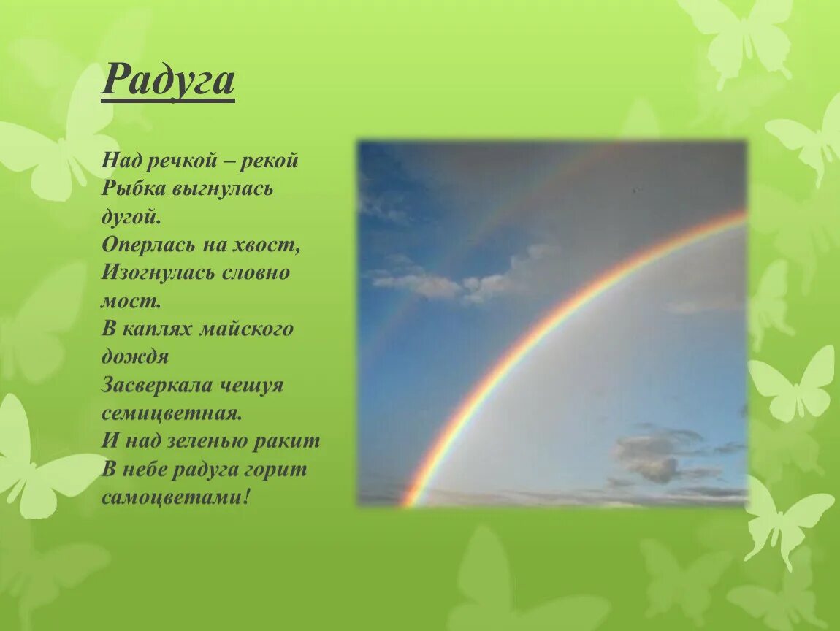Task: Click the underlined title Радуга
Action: tap(167, 80)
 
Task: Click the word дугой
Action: tap(129, 217)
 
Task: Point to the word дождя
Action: tap(135, 357)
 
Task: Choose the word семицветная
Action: tap(170, 413)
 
